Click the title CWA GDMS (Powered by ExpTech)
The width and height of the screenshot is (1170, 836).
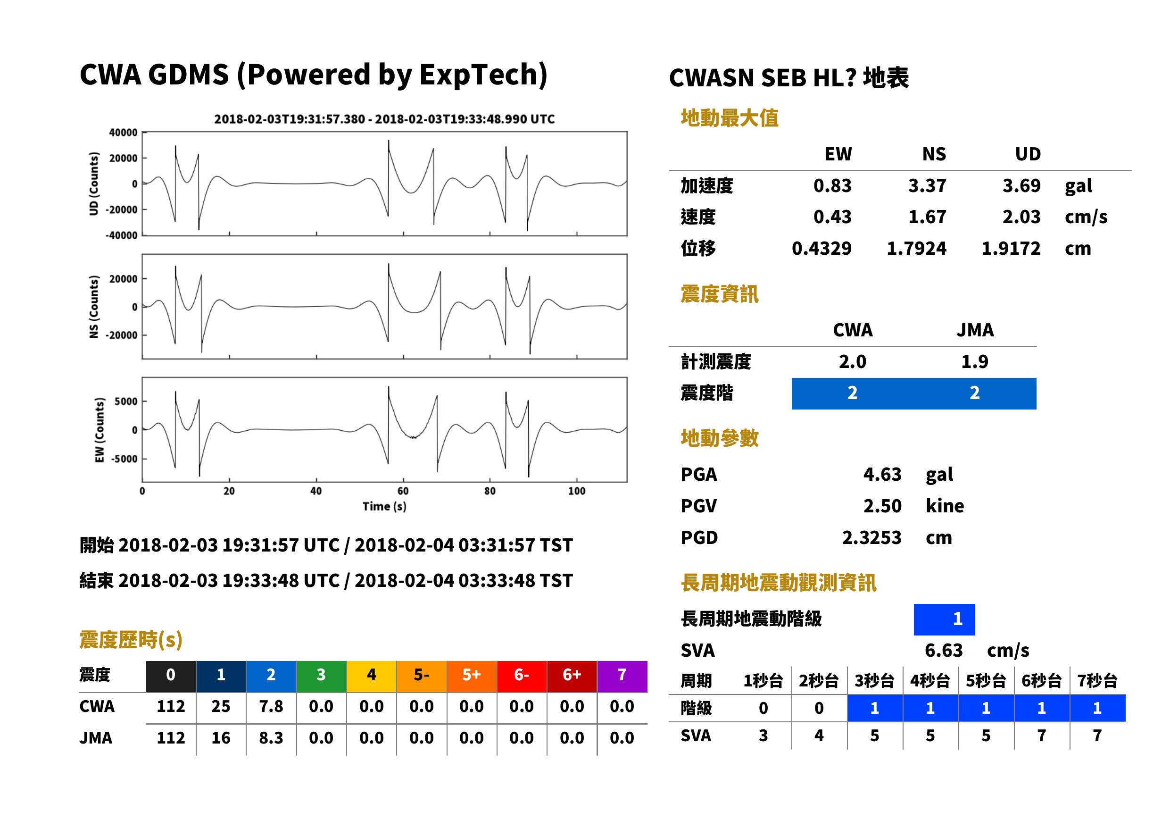point(313,75)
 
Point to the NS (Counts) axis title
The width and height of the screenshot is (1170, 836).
point(94,306)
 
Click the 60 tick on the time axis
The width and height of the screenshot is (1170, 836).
point(403,491)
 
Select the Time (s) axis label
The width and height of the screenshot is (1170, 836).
point(384,506)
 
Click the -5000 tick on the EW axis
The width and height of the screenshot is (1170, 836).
point(126,458)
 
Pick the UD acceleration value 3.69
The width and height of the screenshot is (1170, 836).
point(1021,185)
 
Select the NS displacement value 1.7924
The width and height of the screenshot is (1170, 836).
point(916,248)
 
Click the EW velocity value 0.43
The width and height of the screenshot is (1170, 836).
point(832,217)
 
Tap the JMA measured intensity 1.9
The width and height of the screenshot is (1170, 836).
point(974,361)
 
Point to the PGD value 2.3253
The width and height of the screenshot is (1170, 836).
point(871,537)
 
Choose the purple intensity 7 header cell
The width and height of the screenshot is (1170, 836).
point(622,674)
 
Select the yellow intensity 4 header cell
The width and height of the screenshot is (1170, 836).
point(372,674)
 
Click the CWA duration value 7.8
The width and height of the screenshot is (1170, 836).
point(271,706)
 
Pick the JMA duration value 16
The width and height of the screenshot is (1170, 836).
point(221,738)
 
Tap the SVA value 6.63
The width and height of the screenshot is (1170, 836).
point(944,650)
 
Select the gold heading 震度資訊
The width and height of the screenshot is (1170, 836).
point(719,294)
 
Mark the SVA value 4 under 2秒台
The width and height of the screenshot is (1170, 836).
point(819,735)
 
